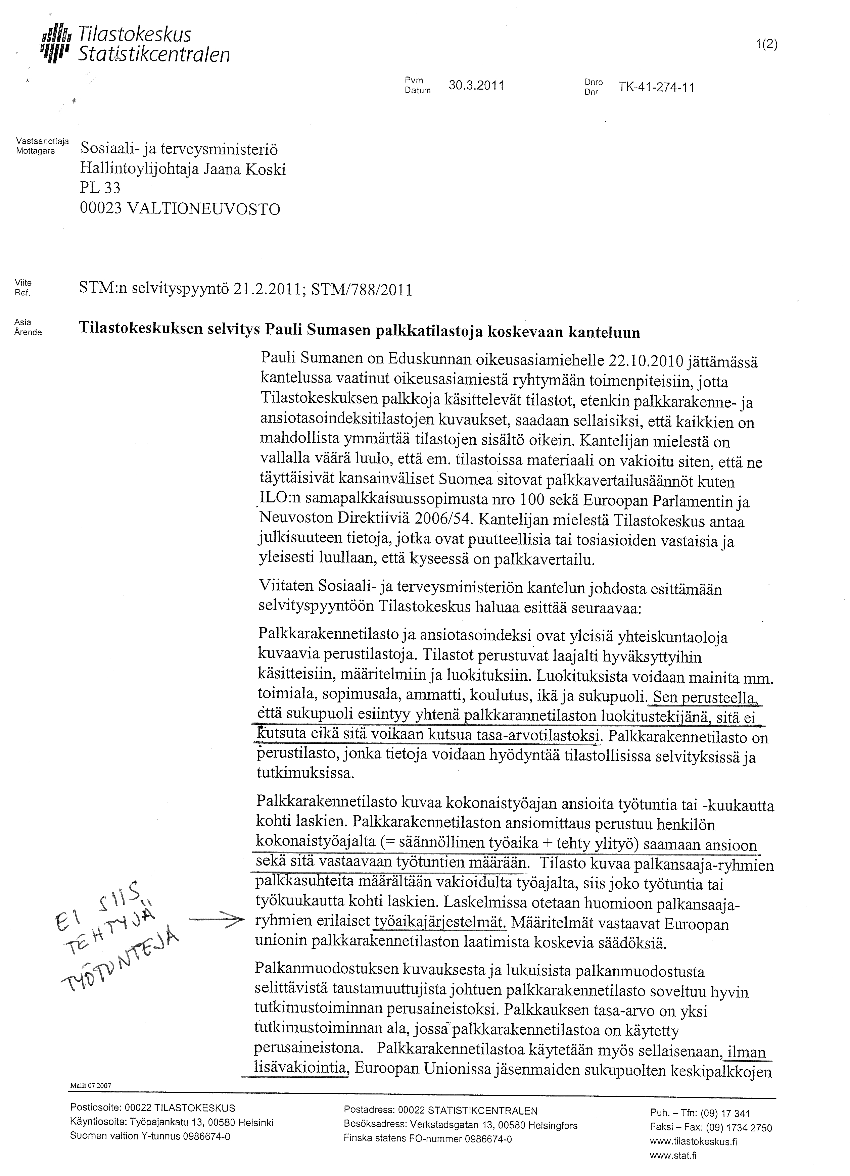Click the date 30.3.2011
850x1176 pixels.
(x=476, y=86)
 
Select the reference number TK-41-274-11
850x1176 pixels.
(x=656, y=88)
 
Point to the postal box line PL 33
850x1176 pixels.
(x=100, y=189)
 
